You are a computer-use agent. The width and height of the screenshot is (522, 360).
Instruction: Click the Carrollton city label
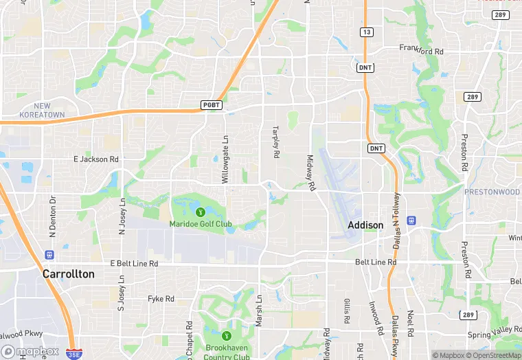pyautogui.click(x=69, y=273)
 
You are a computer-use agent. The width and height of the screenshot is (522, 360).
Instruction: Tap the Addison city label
pyautogui.click(x=365, y=225)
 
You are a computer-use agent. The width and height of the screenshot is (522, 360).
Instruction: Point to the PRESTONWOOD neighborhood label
pyautogui.click(x=492, y=192)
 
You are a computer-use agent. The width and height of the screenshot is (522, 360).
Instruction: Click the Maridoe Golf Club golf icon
pyautogui.click(x=201, y=212)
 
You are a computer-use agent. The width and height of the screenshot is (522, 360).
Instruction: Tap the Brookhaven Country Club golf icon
pyautogui.click(x=227, y=336)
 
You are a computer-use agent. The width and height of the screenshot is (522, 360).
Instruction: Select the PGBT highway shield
pyautogui.click(x=210, y=104)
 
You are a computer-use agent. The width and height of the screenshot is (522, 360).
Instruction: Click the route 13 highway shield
pyautogui.click(x=366, y=32)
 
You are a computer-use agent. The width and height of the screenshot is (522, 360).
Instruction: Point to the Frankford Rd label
pyautogui.click(x=422, y=49)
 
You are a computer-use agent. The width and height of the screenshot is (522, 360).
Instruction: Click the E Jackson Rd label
pyautogui.click(x=96, y=159)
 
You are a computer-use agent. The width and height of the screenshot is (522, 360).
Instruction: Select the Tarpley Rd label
pyautogui.click(x=276, y=142)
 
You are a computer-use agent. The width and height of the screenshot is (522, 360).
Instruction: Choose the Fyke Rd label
pyautogui.click(x=161, y=299)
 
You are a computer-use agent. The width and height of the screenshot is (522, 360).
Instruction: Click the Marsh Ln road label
pyautogui.click(x=259, y=311)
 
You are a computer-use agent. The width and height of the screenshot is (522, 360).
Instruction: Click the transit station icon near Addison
pyautogui.click(x=411, y=221)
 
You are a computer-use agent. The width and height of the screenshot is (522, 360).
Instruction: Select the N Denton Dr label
pyautogui.click(x=52, y=216)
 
